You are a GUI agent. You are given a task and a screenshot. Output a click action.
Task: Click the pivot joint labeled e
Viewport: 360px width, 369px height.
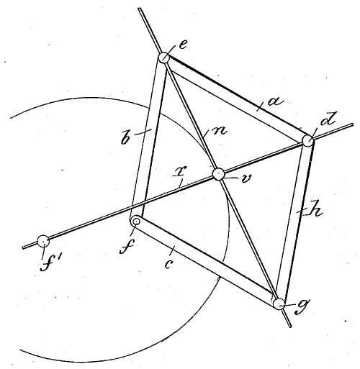click(x=164, y=58)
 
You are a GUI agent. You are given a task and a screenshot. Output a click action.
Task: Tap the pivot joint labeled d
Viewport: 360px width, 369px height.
click(x=307, y=140)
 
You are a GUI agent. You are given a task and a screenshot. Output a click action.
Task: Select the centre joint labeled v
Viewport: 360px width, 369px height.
click(x=219, y=174)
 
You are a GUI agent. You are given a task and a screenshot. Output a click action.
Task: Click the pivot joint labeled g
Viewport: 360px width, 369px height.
click(x=279, y=304)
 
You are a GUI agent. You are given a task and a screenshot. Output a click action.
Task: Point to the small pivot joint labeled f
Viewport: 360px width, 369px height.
click(x=137, y=221)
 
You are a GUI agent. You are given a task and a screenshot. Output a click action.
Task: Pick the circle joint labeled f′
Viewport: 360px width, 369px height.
click(x=43, y=241)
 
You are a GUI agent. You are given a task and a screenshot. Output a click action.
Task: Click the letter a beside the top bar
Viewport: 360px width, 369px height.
click(x=275, y=102)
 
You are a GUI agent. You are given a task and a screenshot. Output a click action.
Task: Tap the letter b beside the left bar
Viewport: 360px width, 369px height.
click(x=127, y=137)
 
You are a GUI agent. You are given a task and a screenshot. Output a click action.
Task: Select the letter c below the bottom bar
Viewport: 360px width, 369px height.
click(x=169, y=264)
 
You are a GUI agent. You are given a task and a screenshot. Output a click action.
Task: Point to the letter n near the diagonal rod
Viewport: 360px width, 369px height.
click(x=220, y=131)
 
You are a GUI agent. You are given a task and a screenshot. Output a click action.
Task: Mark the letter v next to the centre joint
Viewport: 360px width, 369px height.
click(x=246, y=178)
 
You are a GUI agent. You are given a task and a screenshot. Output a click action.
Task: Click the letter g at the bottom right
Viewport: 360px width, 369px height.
click(x=302, y=306)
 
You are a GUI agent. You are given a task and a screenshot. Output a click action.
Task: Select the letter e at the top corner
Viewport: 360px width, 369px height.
click(x=183, y=45)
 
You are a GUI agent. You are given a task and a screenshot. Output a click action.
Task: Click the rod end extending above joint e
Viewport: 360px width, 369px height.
click(x=140, y=9)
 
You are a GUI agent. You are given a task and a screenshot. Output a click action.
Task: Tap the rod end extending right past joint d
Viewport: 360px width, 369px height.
click(x=351, y=125)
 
